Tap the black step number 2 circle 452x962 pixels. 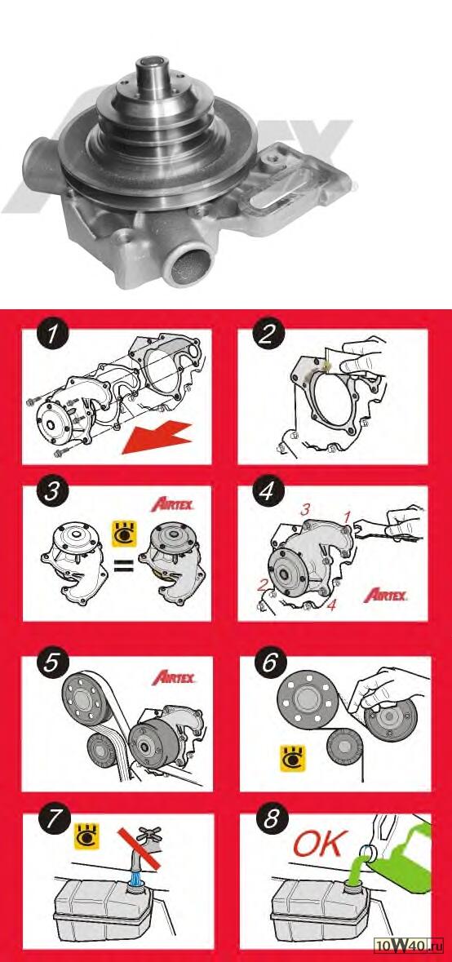point(268,335)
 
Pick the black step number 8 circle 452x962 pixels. point(269,820)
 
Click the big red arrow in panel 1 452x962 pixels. point(158,437)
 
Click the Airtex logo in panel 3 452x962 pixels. point(172,506)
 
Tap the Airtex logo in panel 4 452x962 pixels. point(385,594)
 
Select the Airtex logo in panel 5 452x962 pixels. point(174,678)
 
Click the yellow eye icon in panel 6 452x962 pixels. point(293,758)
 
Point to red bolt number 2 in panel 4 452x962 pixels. point(263,585)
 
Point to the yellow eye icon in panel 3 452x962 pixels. point(122,533)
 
